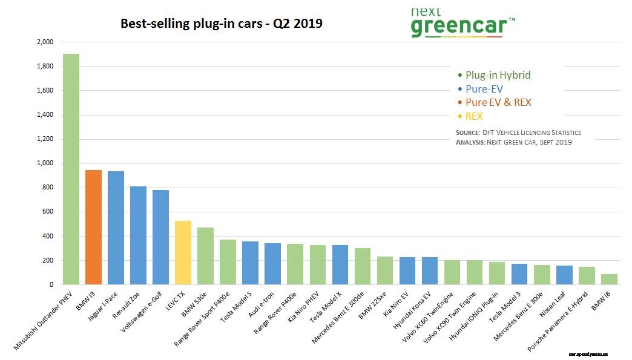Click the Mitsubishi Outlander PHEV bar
[x=71, y=169]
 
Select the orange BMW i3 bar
[x=93, y=227]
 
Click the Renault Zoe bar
[x=138, y=235]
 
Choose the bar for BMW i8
[x=609, y=279]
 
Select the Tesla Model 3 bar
[x=519, y=274]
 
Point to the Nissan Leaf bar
[x=564, y=275]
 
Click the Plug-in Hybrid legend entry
[x=494, y=76]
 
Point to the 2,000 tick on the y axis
[x=45, y=42]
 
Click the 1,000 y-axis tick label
[x=45, y=163]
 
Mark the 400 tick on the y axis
[x=48, y=236]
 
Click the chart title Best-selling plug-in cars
[x=222, y=24]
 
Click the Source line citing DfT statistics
[x=518, y=132]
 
